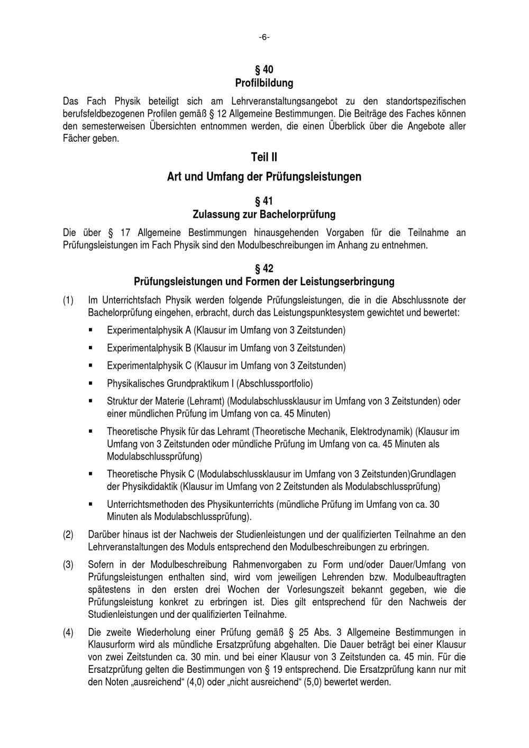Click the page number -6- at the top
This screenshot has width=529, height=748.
pos(264,37)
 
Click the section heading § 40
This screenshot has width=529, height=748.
pos(264,70)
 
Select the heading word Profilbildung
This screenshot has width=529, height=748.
pos(264,83)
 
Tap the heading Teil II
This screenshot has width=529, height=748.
pos(264,157)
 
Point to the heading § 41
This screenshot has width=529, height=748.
pos(264,201)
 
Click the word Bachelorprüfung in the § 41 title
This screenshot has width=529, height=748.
pos(298,214)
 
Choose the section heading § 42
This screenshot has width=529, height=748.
pos(264,268)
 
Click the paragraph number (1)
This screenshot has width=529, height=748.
pos(68,300)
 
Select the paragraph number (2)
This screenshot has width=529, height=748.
pos(68,534)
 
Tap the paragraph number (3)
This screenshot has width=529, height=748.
pos(68,564)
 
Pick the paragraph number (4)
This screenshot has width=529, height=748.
pos(68,632)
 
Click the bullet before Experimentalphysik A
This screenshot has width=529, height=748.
pos(90,330)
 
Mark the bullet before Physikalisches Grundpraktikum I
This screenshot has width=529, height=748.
pos(90,383)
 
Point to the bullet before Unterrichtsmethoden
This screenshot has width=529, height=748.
pos(90,504)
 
